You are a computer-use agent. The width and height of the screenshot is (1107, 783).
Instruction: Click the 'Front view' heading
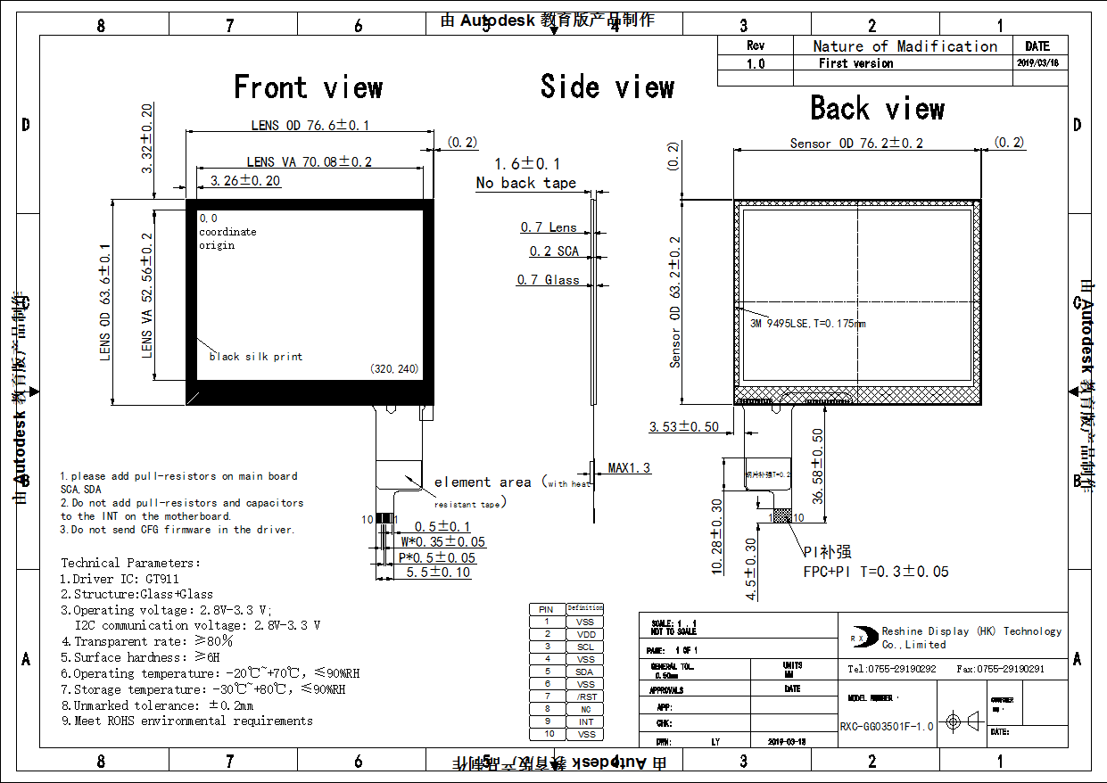[x=308, y=87]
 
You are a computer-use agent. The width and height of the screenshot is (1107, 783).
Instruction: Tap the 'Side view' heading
[x=607, y=87]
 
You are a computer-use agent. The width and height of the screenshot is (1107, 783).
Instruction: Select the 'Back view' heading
[x=877, y=109]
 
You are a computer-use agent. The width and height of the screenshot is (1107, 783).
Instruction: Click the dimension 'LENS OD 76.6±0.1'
[x=310, y=126]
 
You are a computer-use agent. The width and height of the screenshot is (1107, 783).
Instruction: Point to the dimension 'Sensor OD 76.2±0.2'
[x=856, y=143]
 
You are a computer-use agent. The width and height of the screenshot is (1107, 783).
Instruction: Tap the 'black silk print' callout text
[x=256, y=357]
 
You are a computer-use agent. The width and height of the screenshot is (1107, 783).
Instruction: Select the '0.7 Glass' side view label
[x=548, y=280]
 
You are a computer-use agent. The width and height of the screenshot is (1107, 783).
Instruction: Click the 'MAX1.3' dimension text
[x=630, y=468]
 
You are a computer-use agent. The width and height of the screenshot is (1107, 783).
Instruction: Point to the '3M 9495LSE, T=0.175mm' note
[x=808, y=324]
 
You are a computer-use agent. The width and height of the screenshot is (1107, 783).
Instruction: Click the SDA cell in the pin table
[x=584, y=672]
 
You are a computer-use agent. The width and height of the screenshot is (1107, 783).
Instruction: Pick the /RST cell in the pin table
[x=585, y=696]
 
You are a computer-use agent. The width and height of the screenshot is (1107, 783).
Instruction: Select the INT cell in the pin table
[x=585, y=721]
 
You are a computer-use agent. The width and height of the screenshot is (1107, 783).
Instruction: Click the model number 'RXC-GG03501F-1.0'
[x=887, y=726]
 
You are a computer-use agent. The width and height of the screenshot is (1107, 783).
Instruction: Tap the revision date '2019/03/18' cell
[x=1037, y=63]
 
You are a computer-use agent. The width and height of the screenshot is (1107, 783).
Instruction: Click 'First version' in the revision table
[x=855, y=63]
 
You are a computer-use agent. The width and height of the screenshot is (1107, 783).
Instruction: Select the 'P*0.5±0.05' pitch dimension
[x=438, y=558]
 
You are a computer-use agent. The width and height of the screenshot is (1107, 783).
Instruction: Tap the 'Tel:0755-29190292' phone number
[x=891, y=669]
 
